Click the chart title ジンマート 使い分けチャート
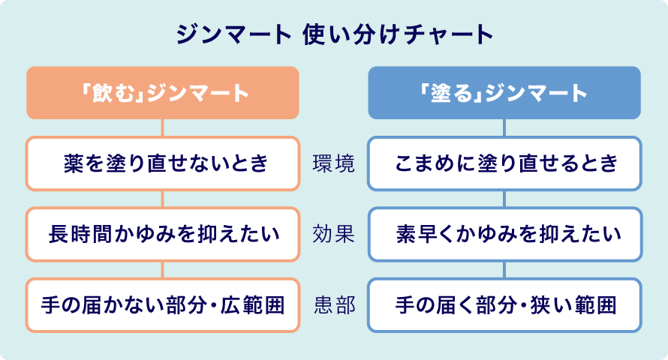click(334, 35)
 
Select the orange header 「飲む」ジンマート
click(163, 93)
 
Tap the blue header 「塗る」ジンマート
click(504, 93)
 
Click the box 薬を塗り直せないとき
click(163, 163)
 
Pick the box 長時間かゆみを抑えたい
click(163, 234)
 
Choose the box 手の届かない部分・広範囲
click(163, 305)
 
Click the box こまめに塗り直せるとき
click(504, 163)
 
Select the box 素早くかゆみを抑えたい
click(504, 234)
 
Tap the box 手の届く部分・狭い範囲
click(504, 305)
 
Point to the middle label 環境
click(334, 163)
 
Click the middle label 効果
click(334, 234)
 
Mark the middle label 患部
click(334, 305)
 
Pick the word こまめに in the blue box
click(423, 163)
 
